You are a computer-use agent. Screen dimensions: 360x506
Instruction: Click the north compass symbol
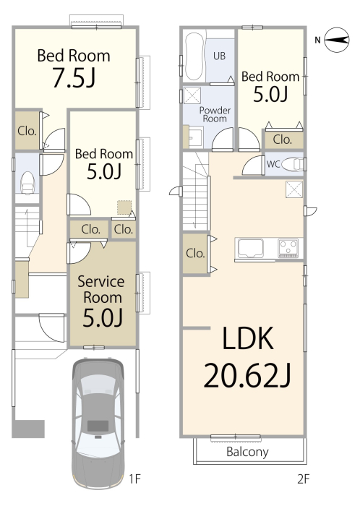coord(336,40)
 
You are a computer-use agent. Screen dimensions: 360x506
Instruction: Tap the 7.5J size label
coord(74,77)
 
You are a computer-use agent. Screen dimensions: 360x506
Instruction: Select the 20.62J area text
coord(247,375)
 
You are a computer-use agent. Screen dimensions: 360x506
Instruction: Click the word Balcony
coord(247,452)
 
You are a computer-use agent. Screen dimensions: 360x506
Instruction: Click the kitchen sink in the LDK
coord(251,249)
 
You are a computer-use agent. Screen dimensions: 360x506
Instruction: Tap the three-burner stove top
coord(288,248)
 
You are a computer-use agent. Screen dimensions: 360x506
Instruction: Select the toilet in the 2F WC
coord(292,165)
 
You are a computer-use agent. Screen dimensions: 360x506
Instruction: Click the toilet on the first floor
coord(27,182)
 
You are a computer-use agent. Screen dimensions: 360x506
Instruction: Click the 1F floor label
coord(135,479)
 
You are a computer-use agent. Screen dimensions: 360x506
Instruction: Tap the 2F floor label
coord(303,479)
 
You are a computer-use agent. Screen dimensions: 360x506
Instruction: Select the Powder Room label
coord(215,114)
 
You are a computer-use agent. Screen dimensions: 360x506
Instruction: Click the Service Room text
coord(101,289)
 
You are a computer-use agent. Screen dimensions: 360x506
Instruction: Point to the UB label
coord(219,56)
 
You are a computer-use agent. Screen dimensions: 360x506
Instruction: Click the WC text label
coord(273,164)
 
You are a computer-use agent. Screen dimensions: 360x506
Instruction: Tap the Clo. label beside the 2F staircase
coord(195,253)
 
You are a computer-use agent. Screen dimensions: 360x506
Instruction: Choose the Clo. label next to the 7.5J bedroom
coord(27,131)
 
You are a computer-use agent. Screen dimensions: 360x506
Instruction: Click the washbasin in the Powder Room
coord(193,137)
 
